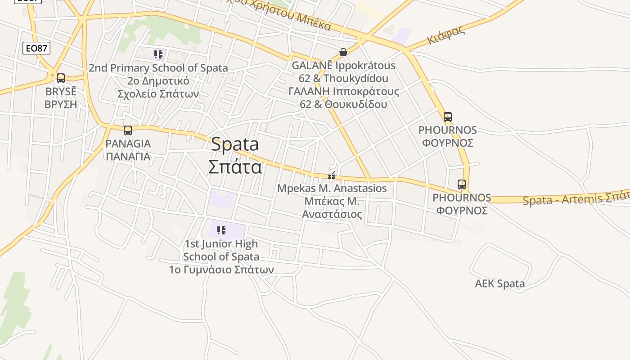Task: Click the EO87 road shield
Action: tap(36, 48)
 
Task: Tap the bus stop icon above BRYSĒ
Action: tap(61, 78)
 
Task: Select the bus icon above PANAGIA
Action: tap(128, 130)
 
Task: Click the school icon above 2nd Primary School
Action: tap(158, 55)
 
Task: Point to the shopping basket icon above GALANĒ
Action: tap(343, 52)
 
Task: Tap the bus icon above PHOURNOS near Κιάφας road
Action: tap(447, 117)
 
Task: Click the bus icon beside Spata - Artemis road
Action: tap(462, 184)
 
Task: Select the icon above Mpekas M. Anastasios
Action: tap(332, 176)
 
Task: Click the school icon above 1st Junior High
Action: tap(221, 230)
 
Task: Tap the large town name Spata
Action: tap(235, 144)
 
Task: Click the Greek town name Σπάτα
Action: tap(235, 166)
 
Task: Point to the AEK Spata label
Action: tap(499, 283)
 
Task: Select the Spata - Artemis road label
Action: tap(576, 198)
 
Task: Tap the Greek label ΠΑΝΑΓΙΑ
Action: tap(128, 157)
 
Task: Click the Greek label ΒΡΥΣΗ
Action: tap(61, 104)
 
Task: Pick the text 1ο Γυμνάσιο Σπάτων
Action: tap(221, 270)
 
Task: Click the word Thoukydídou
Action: tap(355, 78)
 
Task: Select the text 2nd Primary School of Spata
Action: tap(158, 68)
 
